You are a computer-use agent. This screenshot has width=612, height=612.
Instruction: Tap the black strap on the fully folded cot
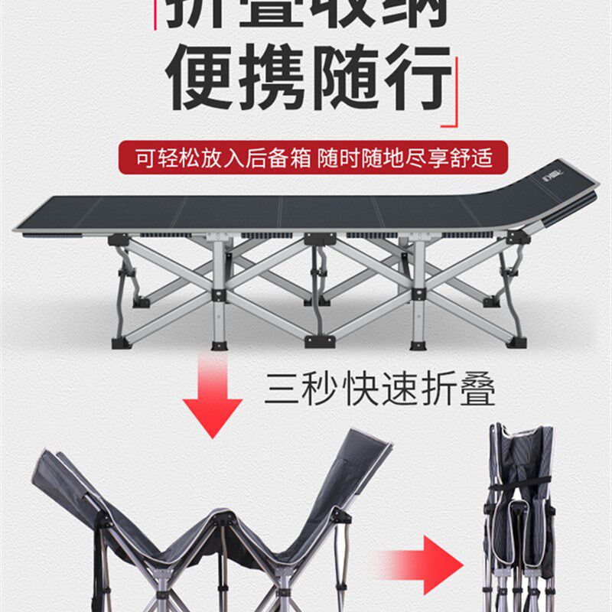520,482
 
